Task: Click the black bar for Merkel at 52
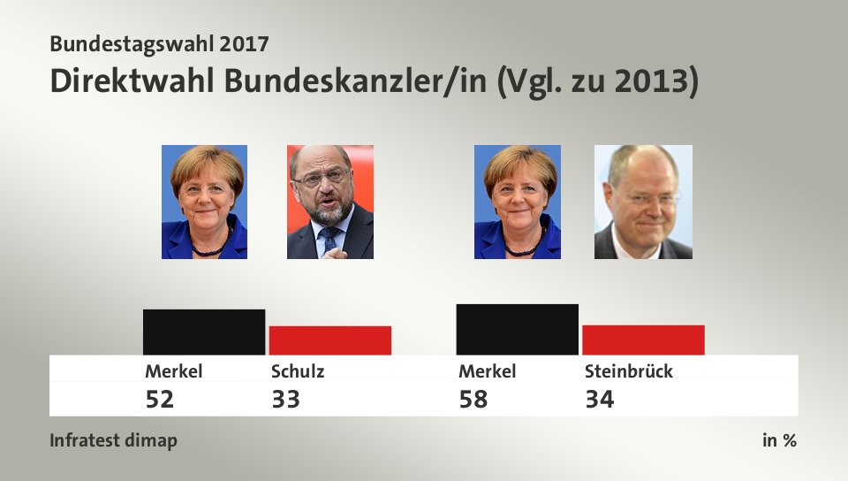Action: tap(204, 332)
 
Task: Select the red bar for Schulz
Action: tap(330, 340)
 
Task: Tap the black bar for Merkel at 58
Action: tap(518, 329)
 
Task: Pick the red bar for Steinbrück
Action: tap(643, 340)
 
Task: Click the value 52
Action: tap(160, 400)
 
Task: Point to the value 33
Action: tap(285, 400)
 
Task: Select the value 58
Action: tap(473, 400)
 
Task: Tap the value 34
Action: tap(599, 400)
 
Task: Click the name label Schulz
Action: tap(298, 371)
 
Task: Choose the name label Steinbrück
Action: tap(628, 371)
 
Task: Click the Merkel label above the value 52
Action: tap(174, 371)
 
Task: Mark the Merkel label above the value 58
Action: tap(487, 371)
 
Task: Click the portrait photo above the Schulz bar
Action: tap(330, 202)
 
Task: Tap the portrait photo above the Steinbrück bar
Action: tap(643, 202)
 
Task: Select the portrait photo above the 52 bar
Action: tap(204, 202)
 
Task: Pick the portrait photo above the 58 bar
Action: tap(518, 202)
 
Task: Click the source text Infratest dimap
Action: tap(113, 440)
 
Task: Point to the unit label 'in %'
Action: tap(779, 440)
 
